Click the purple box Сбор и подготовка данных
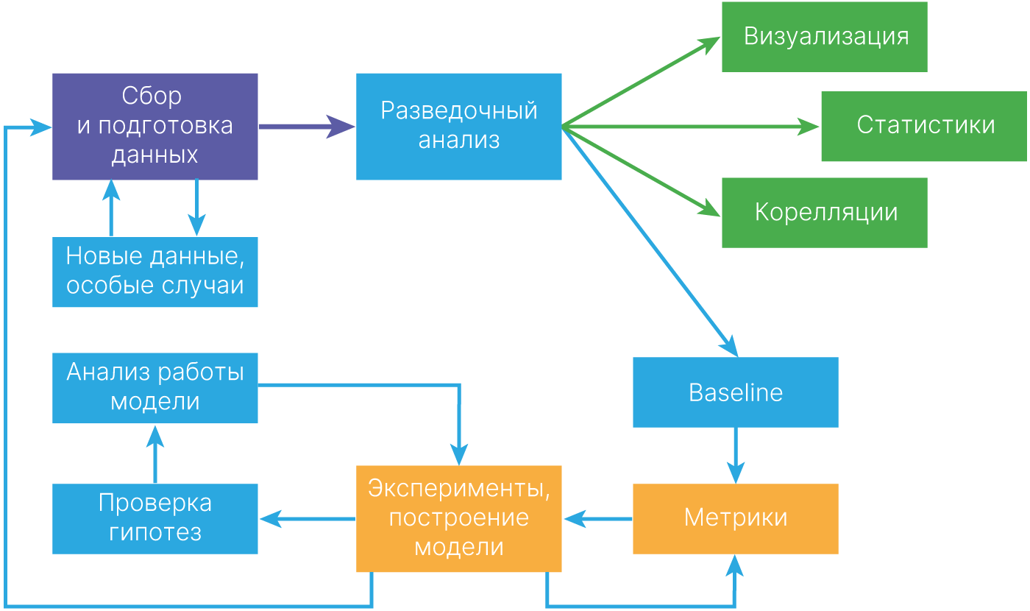154,126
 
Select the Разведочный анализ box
458,126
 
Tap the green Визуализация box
824,37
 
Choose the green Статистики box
924,126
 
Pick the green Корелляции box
824,212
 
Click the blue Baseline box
735,392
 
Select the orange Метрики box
735,518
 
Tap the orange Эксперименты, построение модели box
458,518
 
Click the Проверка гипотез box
154,518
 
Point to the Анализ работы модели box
154,387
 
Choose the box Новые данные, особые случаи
154,272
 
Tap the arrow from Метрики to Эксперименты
597,519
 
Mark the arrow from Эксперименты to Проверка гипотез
307,519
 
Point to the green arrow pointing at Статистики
692,127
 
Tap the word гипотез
155,532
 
